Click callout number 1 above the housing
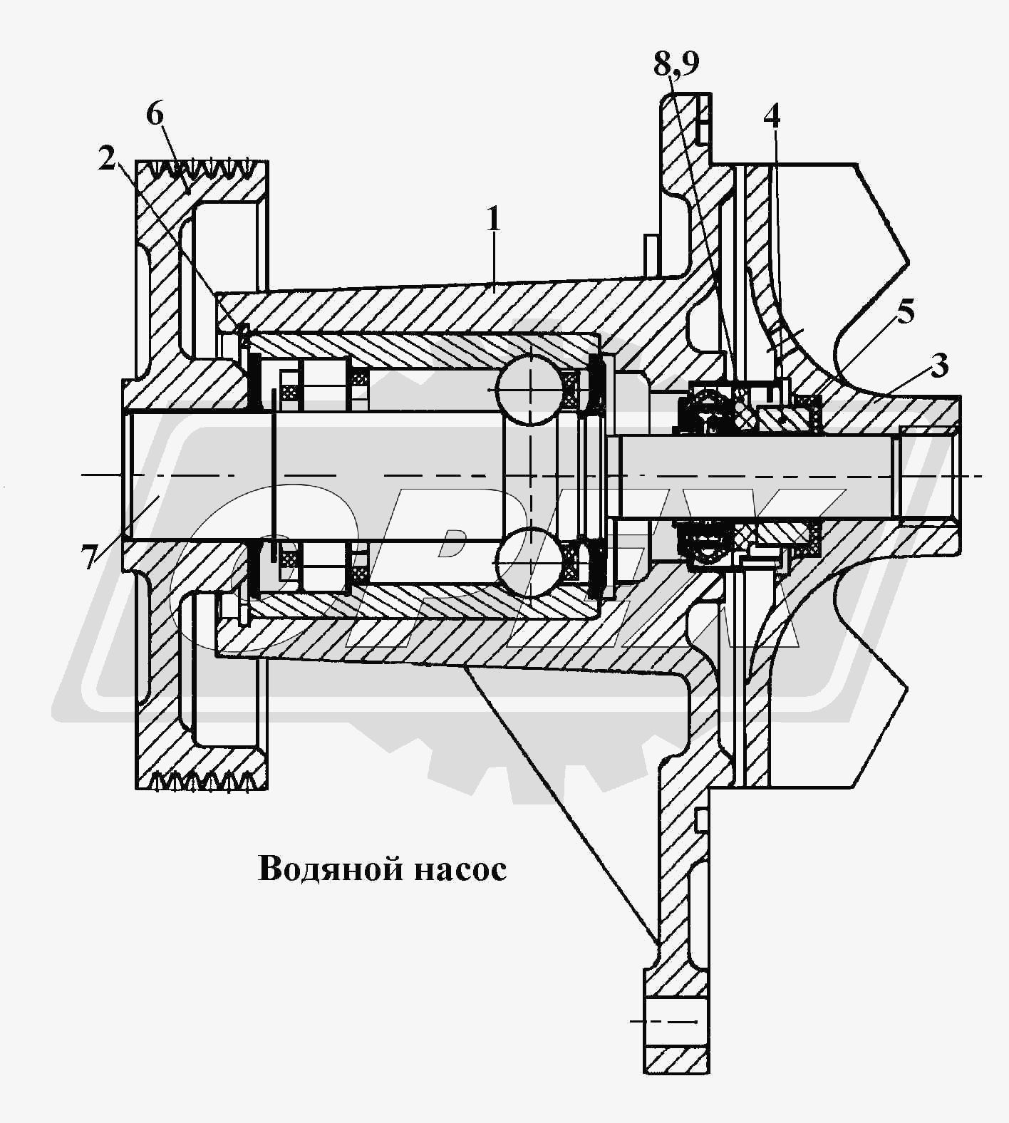pyautogui.click(x=493, y=221)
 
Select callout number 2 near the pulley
pyautogui.click(x=106, y=159)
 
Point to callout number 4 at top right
pyautogui.click(x=772, y=116)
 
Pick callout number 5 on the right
pyautogui.click(x=905, y=313)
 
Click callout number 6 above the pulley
pyautogui.click(x=155, y=114)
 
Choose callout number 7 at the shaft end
pyautogui.click(x=88, y=557)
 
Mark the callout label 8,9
pyautogui.click(x=676, y=64)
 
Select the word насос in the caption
pyautogui.click(x=459, y=869)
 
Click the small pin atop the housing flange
pyautogui.click(x=650, y=249)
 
